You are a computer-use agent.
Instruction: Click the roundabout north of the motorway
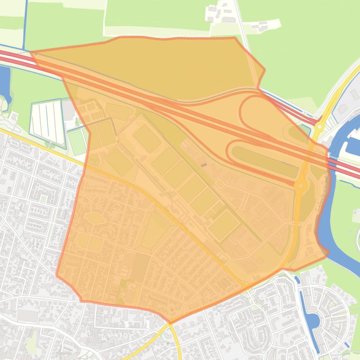coord(320,126)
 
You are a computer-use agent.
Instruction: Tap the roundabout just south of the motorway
coord(300,185)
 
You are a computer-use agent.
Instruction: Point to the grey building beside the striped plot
coord(69,110)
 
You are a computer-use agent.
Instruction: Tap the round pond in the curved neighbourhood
coord(313,321)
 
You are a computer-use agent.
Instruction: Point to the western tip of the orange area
coord(31,52)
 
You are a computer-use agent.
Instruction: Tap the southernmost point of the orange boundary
coord(170,322)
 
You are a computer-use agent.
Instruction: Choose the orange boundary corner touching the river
coord(328,253)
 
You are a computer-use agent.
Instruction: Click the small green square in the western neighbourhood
coord(43,199)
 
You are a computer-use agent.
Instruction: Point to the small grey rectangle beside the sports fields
coord(204,165)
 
